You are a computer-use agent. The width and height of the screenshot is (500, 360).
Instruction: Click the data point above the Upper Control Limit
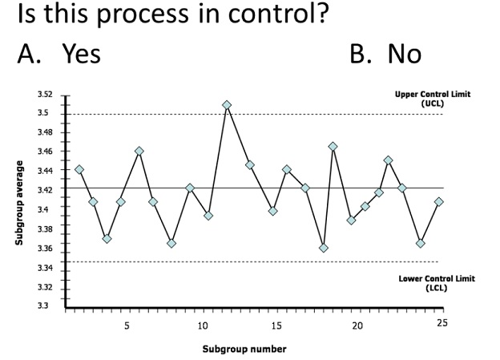(x=227, y=105)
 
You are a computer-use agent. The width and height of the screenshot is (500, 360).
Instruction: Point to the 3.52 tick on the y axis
(x=45, y=95)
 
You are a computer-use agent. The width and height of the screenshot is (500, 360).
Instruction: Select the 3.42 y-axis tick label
(x=45, y=190)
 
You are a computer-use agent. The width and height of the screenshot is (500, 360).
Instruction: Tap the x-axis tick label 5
(x=127, y=326)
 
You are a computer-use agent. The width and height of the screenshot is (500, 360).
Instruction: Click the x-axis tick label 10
(x=202, y=326)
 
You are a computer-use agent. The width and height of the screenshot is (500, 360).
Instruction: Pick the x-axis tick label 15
(x=276, y=326)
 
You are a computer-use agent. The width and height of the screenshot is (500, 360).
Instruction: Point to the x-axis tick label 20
(x=357, y=326)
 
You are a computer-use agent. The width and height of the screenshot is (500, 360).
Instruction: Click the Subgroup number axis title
(x=244, y=349)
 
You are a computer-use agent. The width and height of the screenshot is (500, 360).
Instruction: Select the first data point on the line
(x=79, y=169)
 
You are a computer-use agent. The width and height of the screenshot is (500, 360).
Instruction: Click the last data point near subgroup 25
(x=438, y=201)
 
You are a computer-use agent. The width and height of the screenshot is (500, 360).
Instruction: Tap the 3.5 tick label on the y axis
(x=46, y=113)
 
